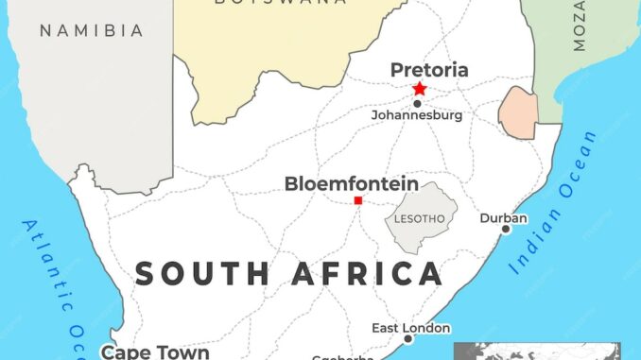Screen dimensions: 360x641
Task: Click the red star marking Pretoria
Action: (x=419, y=89)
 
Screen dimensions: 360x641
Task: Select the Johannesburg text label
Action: (x=416, y=115)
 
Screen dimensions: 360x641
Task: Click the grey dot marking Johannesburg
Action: (x=417, y=103)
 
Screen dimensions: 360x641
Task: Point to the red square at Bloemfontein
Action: (x=357, y=200)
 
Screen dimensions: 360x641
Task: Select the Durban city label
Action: (x=504, y=217)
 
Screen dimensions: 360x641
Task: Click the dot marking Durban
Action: (x=506, y=229)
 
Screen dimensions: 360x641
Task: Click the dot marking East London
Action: (x=408, y=338)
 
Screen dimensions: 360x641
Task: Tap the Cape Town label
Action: (x=155, y=351)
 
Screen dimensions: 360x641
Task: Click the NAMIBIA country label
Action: (x=91, y=31)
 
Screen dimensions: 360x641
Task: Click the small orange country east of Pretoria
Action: (x=518, y=112)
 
